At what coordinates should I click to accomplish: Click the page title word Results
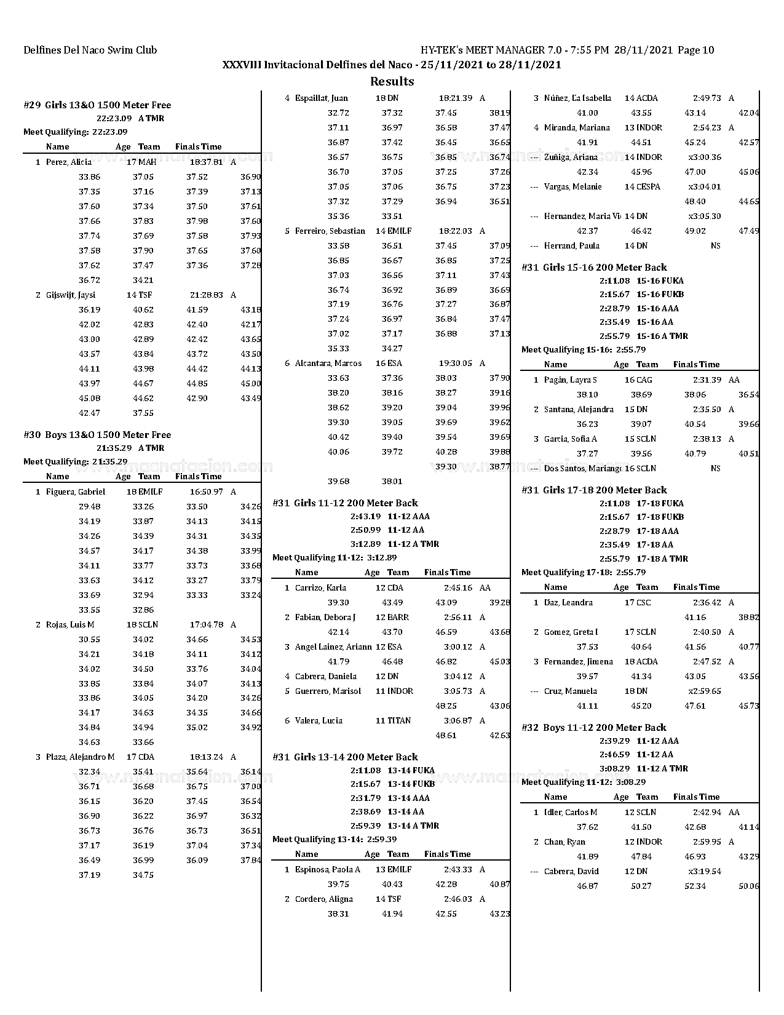pos(392,81)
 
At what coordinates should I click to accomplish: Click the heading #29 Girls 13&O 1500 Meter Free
pos(97,105)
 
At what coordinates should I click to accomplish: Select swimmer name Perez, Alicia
pos(69,162)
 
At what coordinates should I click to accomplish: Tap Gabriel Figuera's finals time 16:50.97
pos(206,492)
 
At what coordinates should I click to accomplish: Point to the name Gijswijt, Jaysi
pos(71,295)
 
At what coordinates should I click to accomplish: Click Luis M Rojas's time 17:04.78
pos(206,625)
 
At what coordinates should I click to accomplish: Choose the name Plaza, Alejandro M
pos(80,757)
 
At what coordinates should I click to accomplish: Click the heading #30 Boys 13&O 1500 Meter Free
pos(97,435)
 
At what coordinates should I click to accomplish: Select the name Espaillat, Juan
pos(321,98)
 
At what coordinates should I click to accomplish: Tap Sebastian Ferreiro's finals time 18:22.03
pos(455,231)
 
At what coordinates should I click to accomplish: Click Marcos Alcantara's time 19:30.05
pos(455,364)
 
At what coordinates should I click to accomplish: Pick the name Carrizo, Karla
pos(320,588)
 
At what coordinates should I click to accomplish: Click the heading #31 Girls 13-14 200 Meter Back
pos(345,757)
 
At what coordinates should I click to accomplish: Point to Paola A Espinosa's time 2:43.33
pos(458,870)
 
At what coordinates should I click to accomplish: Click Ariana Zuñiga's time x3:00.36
pos(705,157)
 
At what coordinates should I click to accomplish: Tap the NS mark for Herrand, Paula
pos(715,246)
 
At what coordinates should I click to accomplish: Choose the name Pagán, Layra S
pos(570,380)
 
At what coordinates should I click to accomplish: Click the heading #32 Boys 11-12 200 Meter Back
pos(594,728)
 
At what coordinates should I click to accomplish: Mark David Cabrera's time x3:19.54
pos(705,872)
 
